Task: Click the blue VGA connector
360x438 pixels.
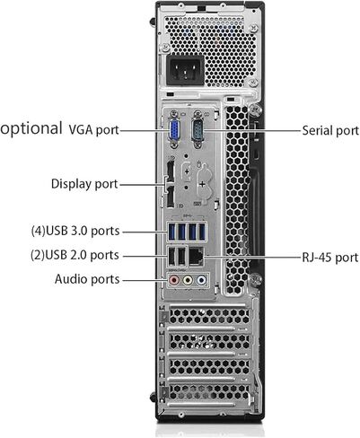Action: coord(174,129)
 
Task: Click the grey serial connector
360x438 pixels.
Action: coord(198,129)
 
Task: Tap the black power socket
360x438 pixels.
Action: coord(185,71)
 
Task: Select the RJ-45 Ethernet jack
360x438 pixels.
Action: coord(197,257)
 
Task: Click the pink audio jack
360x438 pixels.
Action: coord(174,280)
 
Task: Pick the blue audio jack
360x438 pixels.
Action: coord(201,280)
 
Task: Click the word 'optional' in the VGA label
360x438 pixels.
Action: coord(31,128)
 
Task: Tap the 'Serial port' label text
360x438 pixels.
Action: coord(330,130)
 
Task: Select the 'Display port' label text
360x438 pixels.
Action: coord(84,184)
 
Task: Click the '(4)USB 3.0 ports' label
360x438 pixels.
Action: coord(75,231)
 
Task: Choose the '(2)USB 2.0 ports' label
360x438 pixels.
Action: coord(75,255)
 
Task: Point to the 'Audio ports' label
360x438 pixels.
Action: coord(87,279)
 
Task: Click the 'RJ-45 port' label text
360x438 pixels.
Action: coord(330,258)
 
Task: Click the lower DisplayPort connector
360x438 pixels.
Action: coord(171,197)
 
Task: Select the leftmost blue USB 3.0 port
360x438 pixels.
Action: coord(171,232)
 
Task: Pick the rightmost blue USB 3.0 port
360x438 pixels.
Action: coord(202,232)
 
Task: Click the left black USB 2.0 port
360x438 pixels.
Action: coord(171,257)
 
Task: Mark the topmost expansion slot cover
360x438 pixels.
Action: coord(209,316)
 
